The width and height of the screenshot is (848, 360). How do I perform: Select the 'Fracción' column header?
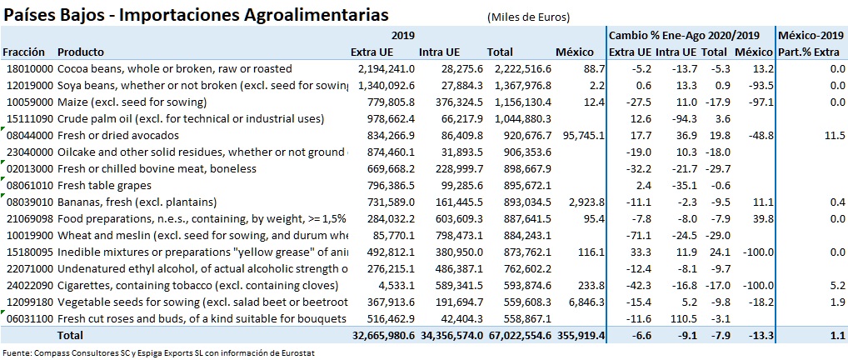[x=24, y=52]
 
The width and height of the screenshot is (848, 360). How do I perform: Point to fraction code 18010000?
[x=29, y=68]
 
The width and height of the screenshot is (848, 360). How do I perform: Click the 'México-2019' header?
[x=811, y=35]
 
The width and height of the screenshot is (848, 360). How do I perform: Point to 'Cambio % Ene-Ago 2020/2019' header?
[x=684, y=35]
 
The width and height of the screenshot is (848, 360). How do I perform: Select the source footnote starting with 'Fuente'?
[x=158, y=352]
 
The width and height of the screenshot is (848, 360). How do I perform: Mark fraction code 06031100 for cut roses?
[x=29, y=318]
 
